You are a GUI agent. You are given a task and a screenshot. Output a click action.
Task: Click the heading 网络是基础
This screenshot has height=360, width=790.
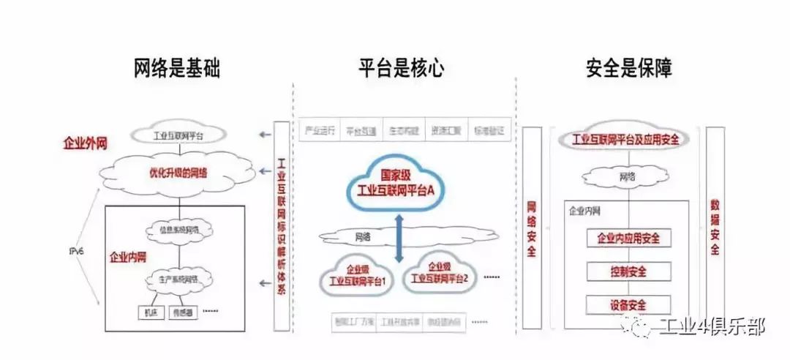click(177, 70)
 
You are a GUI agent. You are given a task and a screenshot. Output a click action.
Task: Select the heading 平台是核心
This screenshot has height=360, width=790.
click(401, 70)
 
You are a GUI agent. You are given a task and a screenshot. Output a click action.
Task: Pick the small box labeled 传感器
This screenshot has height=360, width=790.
click(181, 312)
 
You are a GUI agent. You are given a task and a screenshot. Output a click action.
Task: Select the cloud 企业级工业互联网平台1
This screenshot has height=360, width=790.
click(358, 274)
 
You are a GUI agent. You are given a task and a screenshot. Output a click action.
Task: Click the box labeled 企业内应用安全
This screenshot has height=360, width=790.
click(628, 238)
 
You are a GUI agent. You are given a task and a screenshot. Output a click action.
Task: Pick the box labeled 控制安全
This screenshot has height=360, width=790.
click(628, 271)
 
